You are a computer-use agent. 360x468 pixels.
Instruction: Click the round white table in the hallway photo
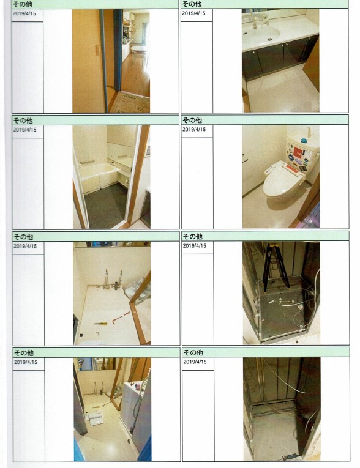click(x=140, y=50)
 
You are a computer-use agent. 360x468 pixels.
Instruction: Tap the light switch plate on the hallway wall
click(x=97, y=50)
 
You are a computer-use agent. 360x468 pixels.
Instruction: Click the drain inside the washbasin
click(x=270, y=39)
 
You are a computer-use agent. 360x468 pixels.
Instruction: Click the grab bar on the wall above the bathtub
click(x=87, y=162)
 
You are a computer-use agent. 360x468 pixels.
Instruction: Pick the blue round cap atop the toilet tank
click(x=304, y=141)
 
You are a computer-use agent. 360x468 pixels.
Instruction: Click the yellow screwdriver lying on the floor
click(x=100, y=323)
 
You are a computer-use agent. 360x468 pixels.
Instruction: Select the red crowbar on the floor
click(x=121, y=318)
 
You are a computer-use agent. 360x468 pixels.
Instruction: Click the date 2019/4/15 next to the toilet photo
click(x=194, y=129)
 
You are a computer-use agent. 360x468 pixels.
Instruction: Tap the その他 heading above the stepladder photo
click(x=193, y=237)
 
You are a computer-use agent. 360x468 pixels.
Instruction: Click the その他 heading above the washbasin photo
click(x=192, y=4)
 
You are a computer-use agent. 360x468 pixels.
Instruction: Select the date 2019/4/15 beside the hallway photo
click(x=24, y=13)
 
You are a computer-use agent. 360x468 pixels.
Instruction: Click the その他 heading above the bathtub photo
click(x=23, y=121)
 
